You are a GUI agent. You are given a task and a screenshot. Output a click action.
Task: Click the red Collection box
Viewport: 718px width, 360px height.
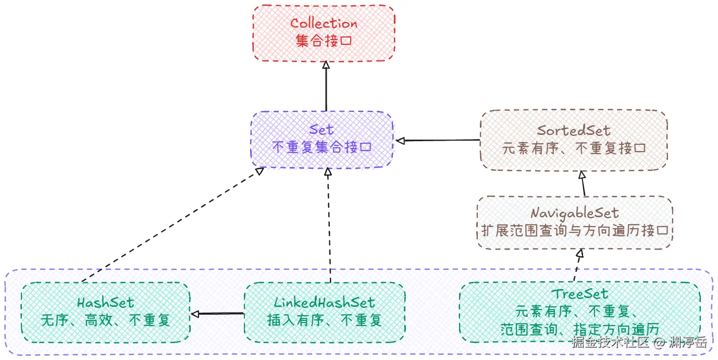click(x=324, y=32)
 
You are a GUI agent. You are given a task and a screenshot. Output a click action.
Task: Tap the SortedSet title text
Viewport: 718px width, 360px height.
click(x=574, y=131)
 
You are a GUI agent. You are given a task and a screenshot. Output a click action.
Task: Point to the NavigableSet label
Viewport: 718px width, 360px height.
click(x=575, y=213)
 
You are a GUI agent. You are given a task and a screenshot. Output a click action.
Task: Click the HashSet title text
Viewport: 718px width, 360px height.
click(x=105, y=303)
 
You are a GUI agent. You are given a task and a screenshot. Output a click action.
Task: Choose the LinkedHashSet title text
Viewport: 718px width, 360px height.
click(x=324, y=303)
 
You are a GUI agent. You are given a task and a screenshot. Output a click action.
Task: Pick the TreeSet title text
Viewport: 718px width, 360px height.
click(x=579, y=295)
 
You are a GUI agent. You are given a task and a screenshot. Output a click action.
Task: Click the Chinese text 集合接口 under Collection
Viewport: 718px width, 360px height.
click(x=324, y=41)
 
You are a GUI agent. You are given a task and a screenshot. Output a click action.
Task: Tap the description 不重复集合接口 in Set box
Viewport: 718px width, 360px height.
click(x=321, y=147)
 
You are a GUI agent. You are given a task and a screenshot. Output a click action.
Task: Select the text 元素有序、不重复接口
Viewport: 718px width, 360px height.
click(x=574, y=148)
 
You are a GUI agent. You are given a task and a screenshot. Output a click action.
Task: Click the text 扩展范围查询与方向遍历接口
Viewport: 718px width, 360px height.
click(x=575, y=230)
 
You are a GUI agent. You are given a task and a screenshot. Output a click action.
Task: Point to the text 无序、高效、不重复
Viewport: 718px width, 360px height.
click(x=105, y=320)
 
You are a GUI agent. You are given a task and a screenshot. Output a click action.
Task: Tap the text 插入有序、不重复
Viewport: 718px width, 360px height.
click(x=324, y=320)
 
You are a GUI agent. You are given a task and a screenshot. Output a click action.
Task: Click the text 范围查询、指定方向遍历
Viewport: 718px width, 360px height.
click(x=579, y=329)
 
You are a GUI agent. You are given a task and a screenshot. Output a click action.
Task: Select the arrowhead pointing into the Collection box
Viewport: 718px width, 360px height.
click(x=326, y=65)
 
